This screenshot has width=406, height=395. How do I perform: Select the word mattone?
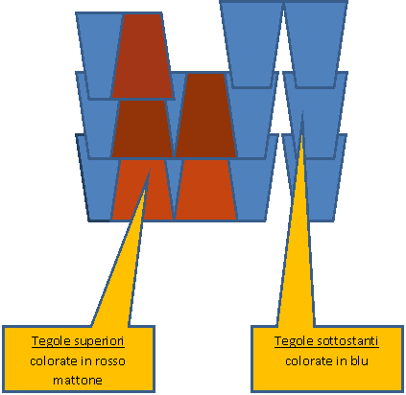coord(78,381)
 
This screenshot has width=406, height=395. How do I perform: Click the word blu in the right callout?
coord(359,361)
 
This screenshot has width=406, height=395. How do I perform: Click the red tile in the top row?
coord(142,56)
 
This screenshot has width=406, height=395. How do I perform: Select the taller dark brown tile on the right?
coord(205,115)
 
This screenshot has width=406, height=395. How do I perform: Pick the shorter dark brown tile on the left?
coord(142,128)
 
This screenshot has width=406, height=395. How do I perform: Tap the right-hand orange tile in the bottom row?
coord(205,190)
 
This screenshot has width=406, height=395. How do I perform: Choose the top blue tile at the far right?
coord(316,44)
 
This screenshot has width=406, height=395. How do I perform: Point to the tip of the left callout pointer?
coord(150,168)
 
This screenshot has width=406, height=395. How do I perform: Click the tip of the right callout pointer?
coord(302,111)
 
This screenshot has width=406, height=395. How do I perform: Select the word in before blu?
coord(342,361)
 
